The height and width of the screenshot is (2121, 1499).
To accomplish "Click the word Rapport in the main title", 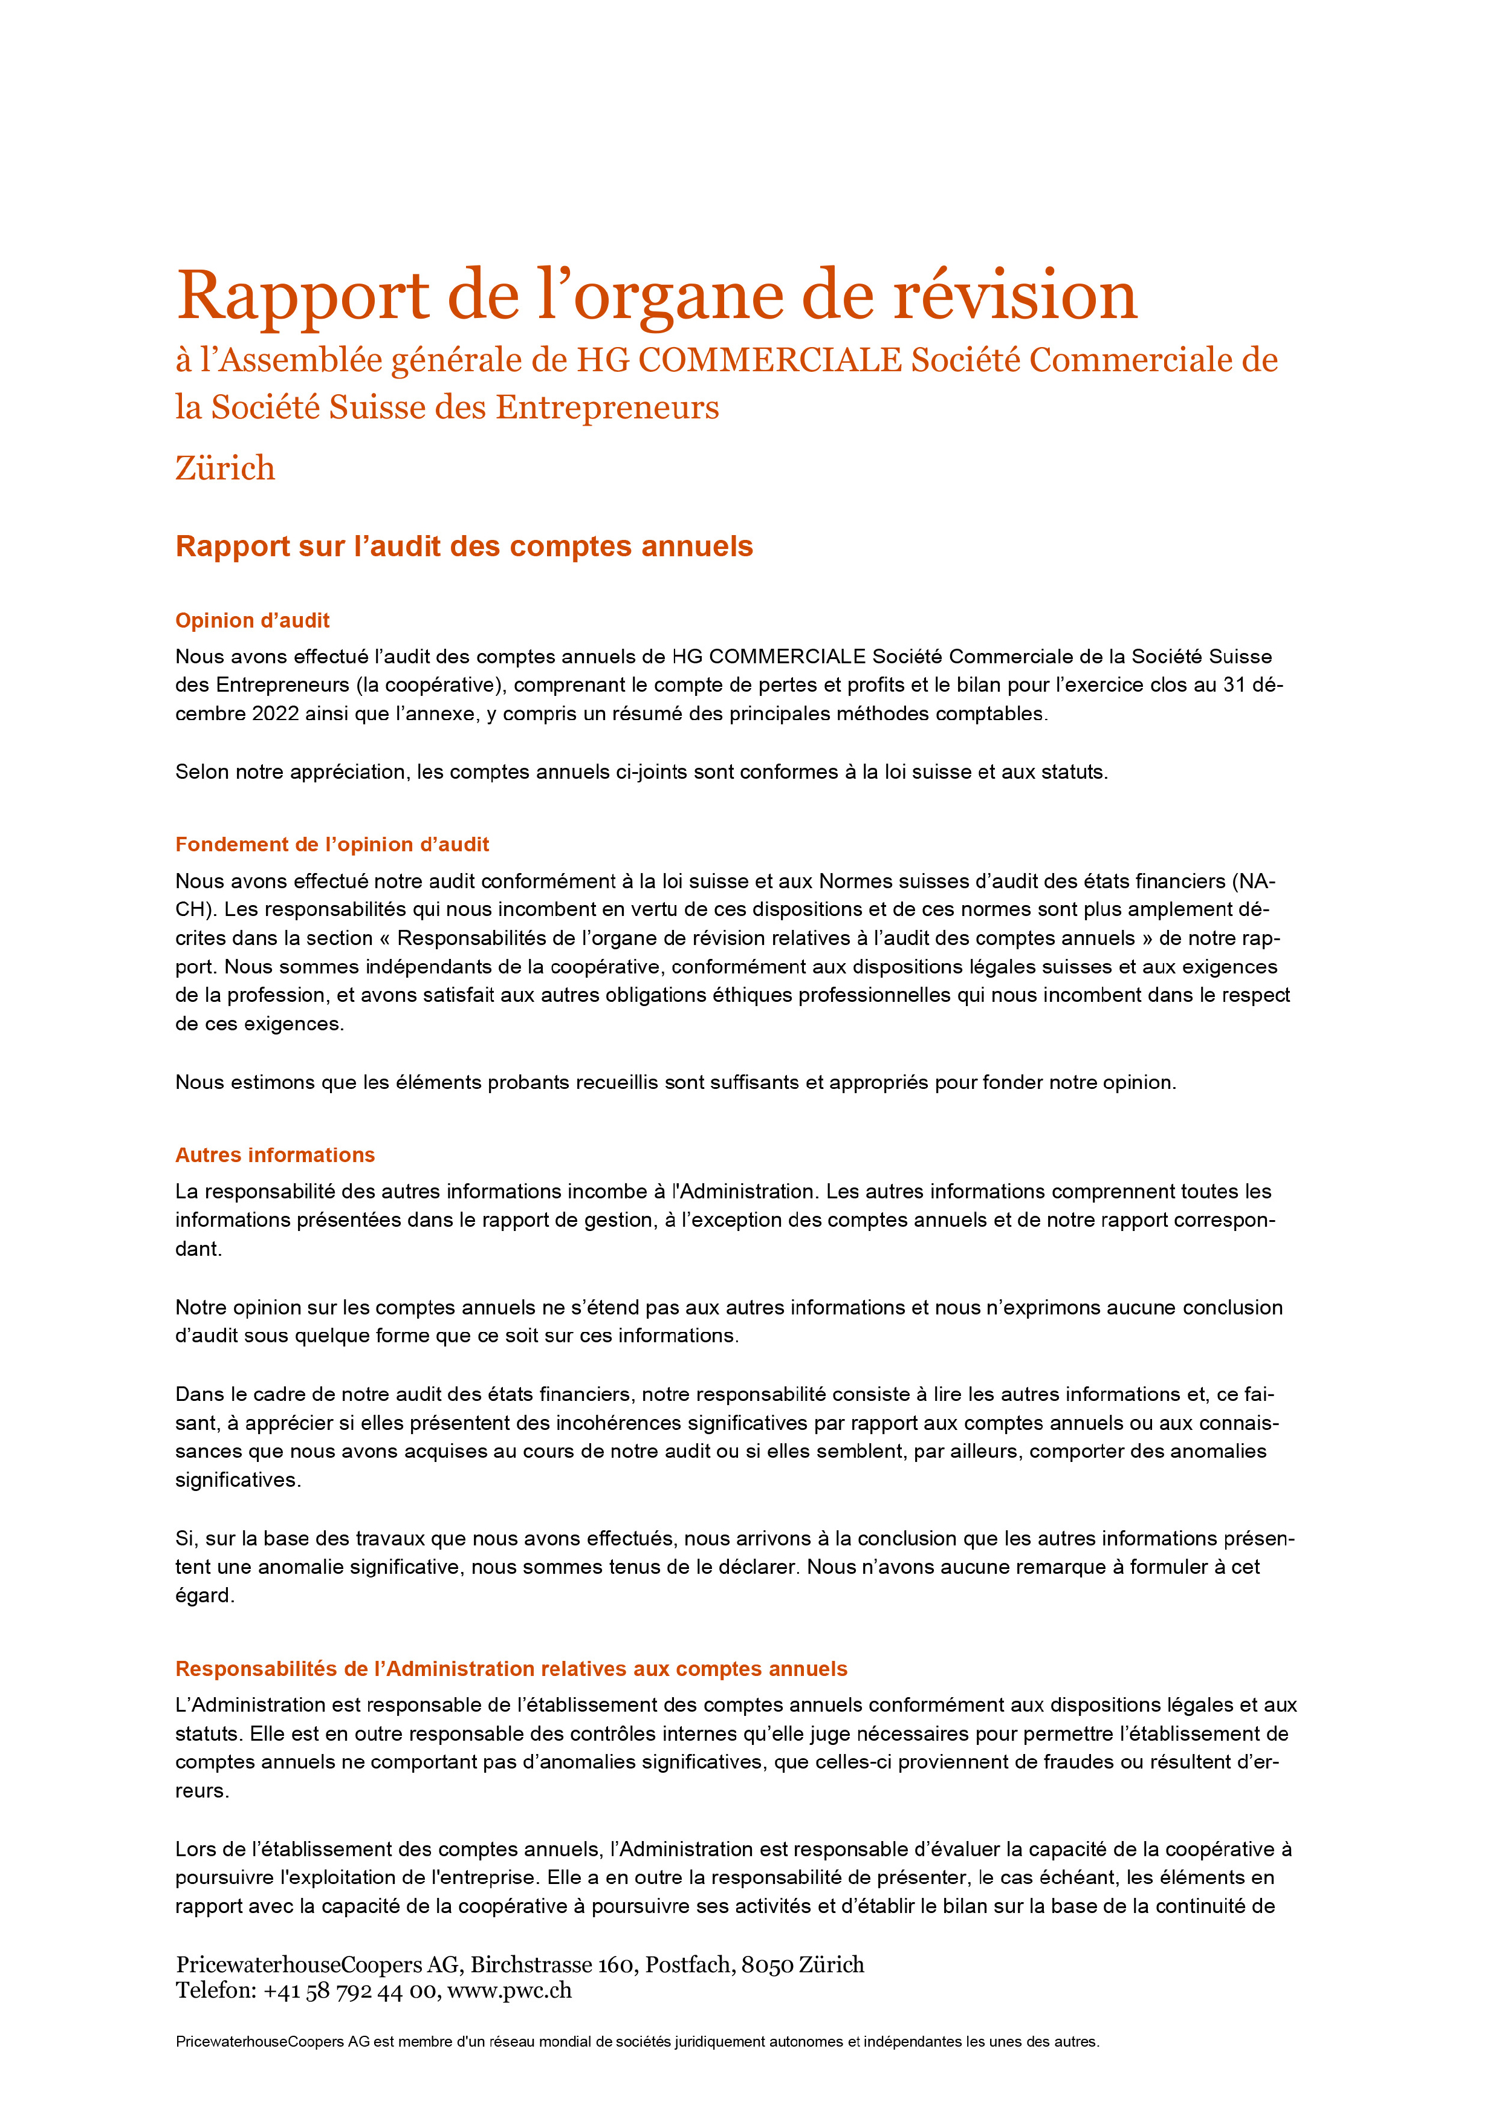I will [x=303, y=296].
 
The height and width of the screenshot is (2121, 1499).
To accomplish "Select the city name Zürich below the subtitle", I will [x=225, y=469].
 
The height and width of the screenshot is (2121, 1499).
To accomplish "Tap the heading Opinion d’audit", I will [x=252, y=621].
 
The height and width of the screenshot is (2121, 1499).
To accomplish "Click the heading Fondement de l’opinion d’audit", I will [x=332, y=844].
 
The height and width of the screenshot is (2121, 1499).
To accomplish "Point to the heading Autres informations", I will [x=275, y=1155].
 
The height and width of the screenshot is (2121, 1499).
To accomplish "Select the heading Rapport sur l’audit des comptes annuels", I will [x=464, y=547].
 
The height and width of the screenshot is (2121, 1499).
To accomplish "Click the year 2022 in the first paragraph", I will [x=274, y=714].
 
